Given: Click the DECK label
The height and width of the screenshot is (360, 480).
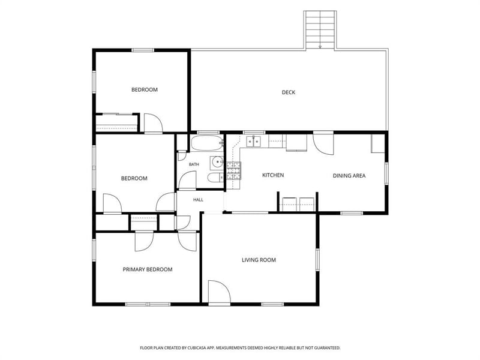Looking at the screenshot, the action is (289, 92).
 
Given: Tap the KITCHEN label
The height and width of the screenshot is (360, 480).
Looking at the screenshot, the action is (273, 175).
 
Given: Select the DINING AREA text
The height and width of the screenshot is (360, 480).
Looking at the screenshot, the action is (349, 176).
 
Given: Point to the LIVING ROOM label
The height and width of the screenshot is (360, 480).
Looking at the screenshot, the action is (259, 260).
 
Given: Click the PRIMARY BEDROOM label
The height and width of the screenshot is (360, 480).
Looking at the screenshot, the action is (148, 269).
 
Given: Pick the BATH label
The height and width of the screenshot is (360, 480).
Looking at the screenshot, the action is (194, 164).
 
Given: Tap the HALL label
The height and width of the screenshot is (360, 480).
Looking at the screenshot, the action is (198, 200).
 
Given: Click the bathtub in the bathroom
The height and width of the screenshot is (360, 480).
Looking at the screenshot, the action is (206, 143).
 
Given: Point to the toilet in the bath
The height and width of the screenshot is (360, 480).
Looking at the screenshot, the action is (215, 178).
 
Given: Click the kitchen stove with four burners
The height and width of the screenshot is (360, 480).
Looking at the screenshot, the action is (234, 170).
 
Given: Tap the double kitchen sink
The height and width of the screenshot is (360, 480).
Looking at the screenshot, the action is (253, 142).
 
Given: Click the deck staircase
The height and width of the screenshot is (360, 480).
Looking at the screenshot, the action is (320, 29).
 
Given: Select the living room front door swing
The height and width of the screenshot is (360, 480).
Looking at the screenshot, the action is (219, 292).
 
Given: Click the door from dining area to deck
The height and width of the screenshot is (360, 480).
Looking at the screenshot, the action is (323, 143).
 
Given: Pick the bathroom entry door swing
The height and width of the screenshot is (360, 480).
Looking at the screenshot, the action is (187, 181).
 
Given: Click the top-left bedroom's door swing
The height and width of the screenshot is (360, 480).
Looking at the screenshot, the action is (154, 123).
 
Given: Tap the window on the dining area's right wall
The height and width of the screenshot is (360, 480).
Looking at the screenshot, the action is (386, 173).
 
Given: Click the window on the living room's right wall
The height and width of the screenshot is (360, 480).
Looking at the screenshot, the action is (317, 260).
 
